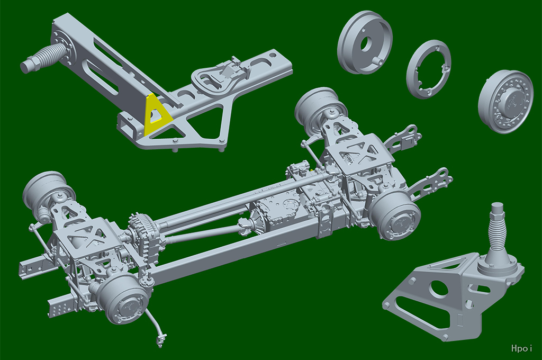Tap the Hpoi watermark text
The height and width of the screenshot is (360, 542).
(x=521, y=348)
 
